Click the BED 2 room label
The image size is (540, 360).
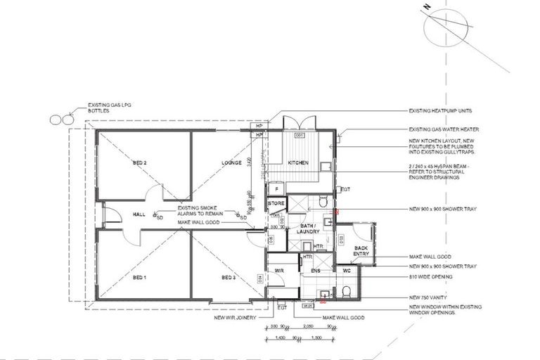(x=139, y=162)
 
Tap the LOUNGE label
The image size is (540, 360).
(x=231, y=162)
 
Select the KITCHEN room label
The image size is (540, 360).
(x=298, y=162)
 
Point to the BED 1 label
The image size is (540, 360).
(x=139, y=278)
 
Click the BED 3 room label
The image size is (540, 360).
(x=229, y=278)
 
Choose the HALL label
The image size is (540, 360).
(x=139, y=215)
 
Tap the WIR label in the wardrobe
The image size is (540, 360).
(x=278, y=270)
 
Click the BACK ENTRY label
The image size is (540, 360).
(x=361, y=252)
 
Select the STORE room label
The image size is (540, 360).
(x=276, y=204)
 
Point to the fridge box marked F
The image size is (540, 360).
(x=277, y=188)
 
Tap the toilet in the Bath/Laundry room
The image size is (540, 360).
(x=323, y=202)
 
